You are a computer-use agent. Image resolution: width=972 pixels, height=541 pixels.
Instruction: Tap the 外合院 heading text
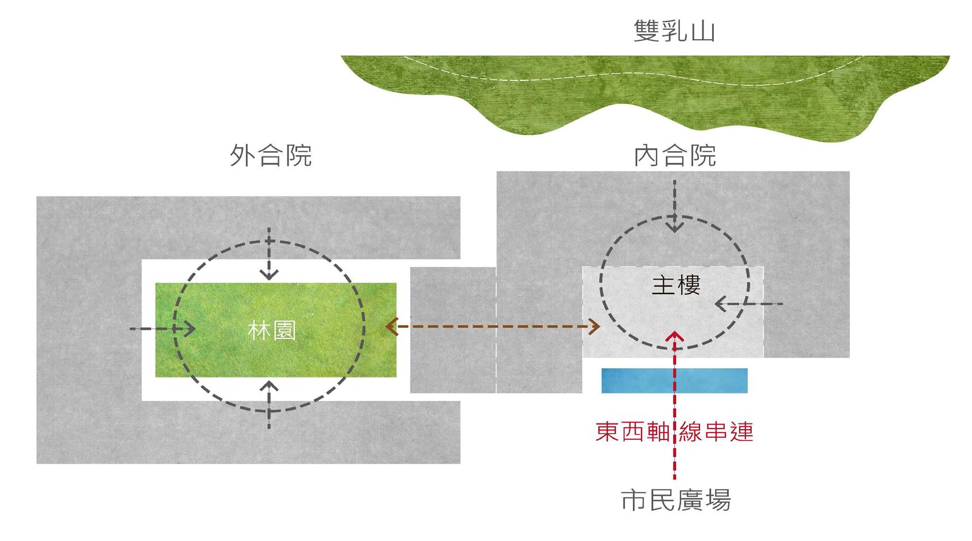tap(270, 155)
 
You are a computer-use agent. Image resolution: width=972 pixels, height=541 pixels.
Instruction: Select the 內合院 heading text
tap(675, 155)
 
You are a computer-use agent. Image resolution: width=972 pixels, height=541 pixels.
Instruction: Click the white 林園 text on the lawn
tap(272, 331)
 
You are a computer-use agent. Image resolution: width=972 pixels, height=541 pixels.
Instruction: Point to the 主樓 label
tap(676, 285)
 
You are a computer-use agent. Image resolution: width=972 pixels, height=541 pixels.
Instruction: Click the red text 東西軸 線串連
tap(674, 432)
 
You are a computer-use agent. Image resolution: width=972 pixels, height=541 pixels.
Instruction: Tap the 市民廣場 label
tap(675, 500)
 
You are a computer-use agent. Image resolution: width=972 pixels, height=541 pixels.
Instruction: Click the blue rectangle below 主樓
tap(674, 380)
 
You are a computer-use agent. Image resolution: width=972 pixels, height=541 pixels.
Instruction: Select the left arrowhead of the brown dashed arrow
tap(391, 327)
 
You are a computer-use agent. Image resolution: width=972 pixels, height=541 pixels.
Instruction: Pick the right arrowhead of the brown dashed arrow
tap(595, 327)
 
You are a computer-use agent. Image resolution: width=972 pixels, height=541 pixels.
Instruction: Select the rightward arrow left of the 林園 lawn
tap(189, 329)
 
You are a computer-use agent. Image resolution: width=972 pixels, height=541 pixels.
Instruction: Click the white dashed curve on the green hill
tap(632, 81)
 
